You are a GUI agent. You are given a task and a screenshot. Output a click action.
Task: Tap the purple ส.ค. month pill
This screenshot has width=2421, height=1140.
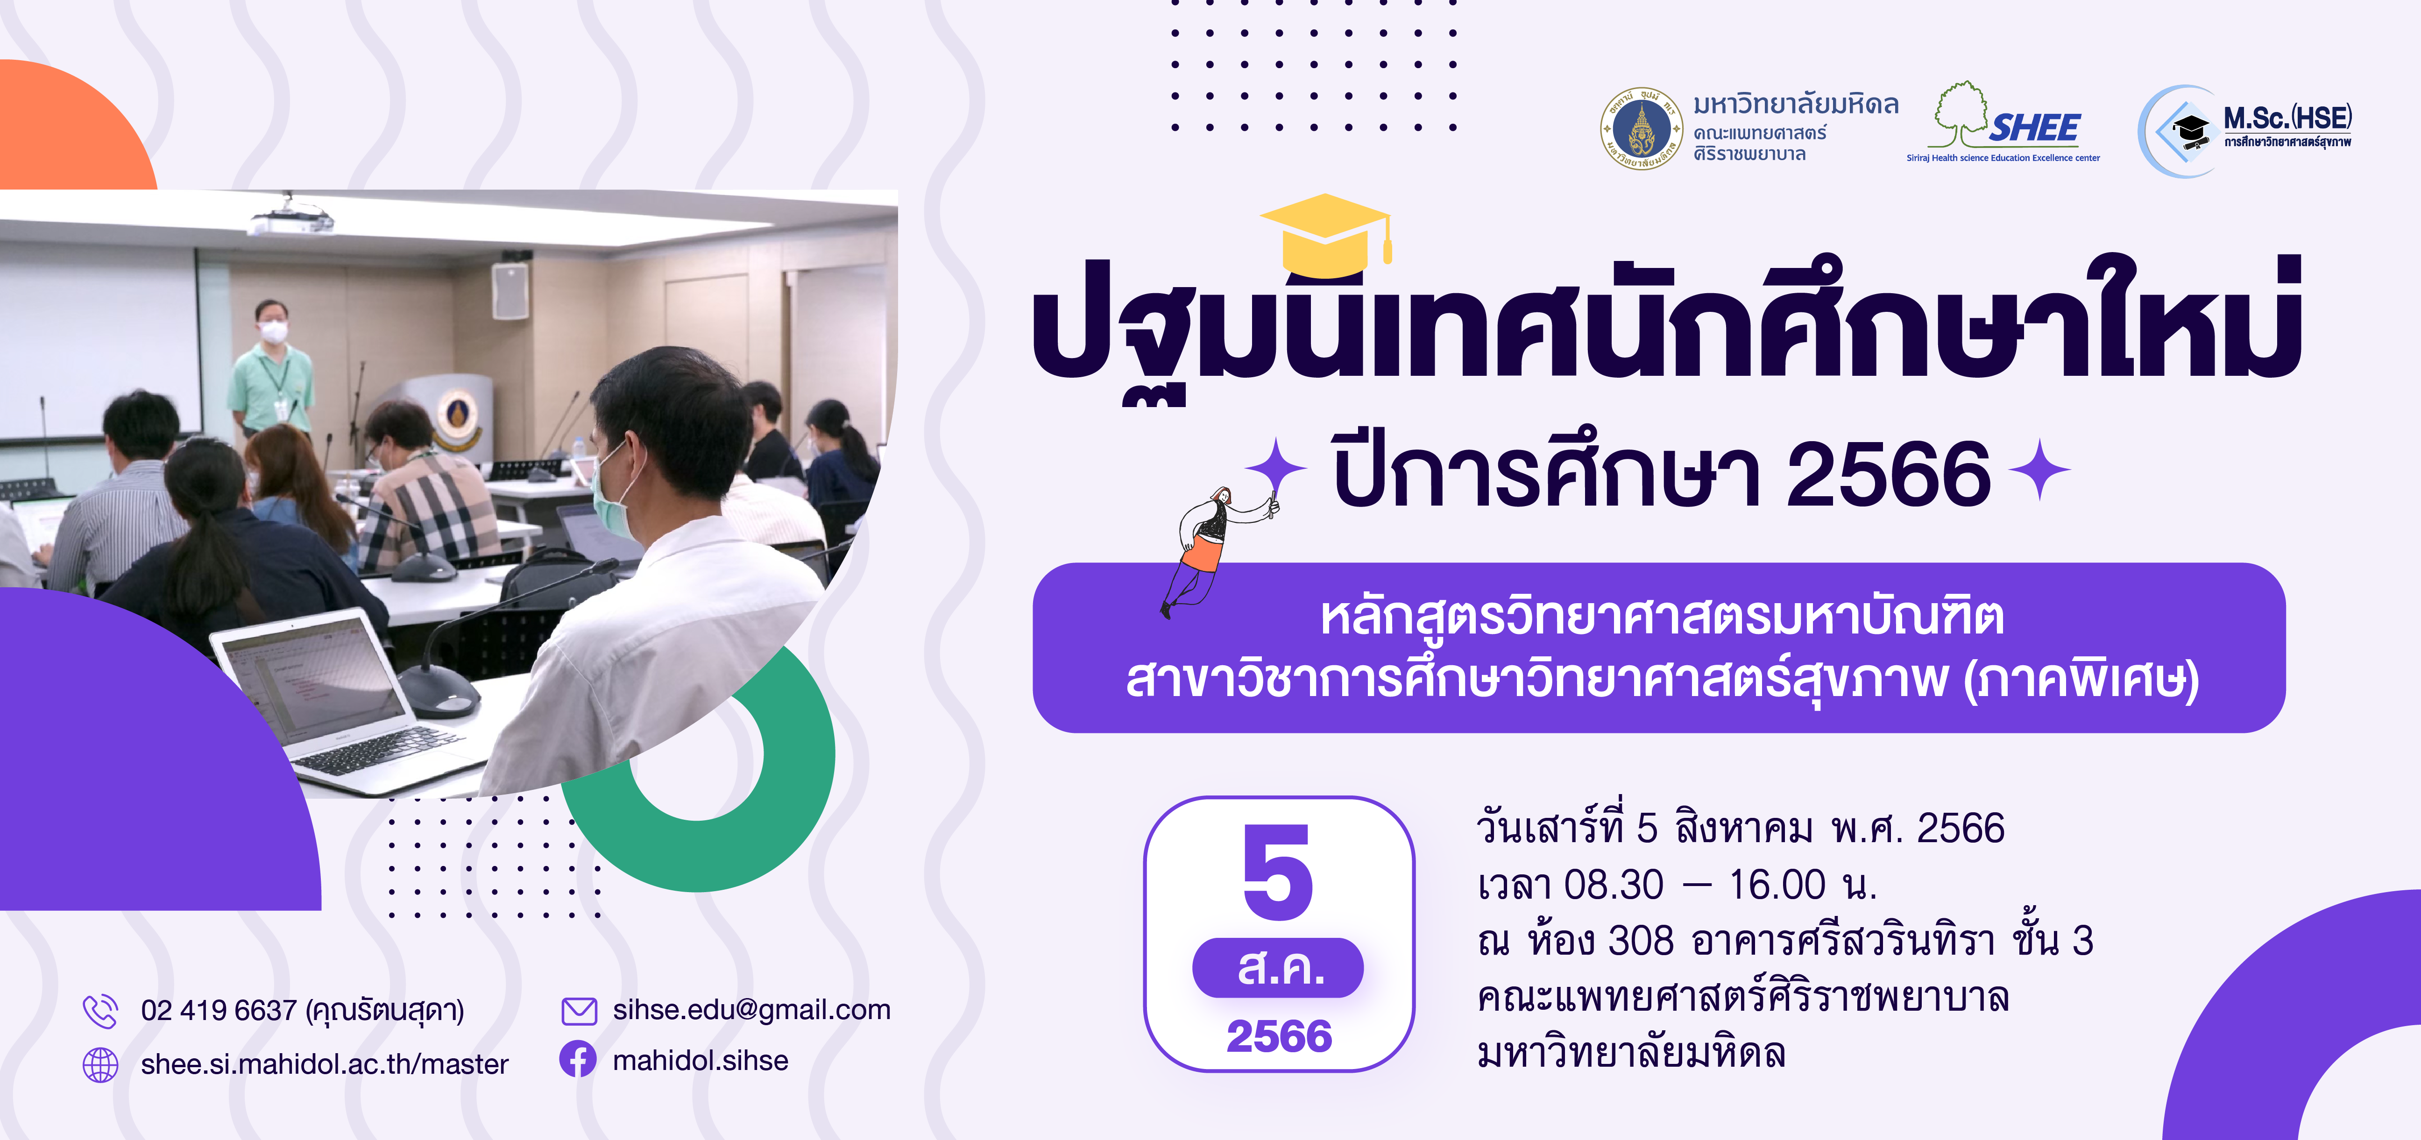pyautogui.click(x=1278, y=967)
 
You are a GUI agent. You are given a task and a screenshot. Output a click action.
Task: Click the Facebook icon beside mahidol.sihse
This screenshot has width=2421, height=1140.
pyautogui.click(x=578, y=1059)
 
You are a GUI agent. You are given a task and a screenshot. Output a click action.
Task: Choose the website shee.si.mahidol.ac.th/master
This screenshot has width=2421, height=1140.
pyautogui.click(x=324, y=1064)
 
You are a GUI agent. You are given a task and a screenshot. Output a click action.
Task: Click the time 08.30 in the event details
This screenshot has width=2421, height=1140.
pyautogui.click(x=1614, y=884)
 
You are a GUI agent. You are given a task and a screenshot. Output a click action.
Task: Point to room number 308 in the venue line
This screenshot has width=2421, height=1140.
pyautogui.click(x=1641, y=941)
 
